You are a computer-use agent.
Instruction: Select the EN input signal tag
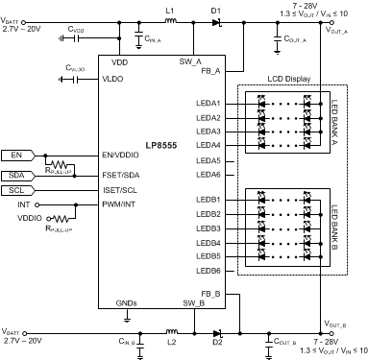tap(17, 154)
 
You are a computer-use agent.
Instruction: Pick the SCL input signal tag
tap(17, 190)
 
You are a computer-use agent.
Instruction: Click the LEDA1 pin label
tap(208, 103)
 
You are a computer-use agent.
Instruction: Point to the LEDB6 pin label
tap(208, 270)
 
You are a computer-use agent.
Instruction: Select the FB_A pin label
tap(209, 70)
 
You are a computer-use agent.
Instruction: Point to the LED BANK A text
tap(335, 123)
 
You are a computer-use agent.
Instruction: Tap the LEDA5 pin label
tap(208, 160)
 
